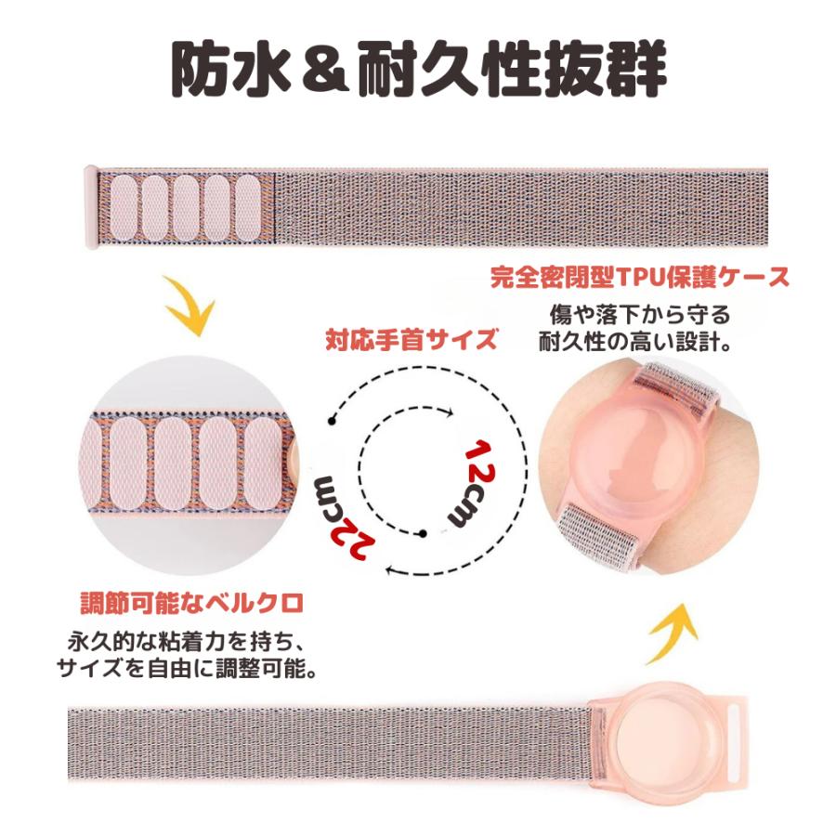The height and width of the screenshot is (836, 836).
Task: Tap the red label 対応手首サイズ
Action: tap(411, 339)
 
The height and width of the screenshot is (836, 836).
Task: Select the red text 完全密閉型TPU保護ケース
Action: tap(641, 277)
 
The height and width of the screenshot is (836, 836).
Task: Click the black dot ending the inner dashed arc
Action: tap(423, 534)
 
